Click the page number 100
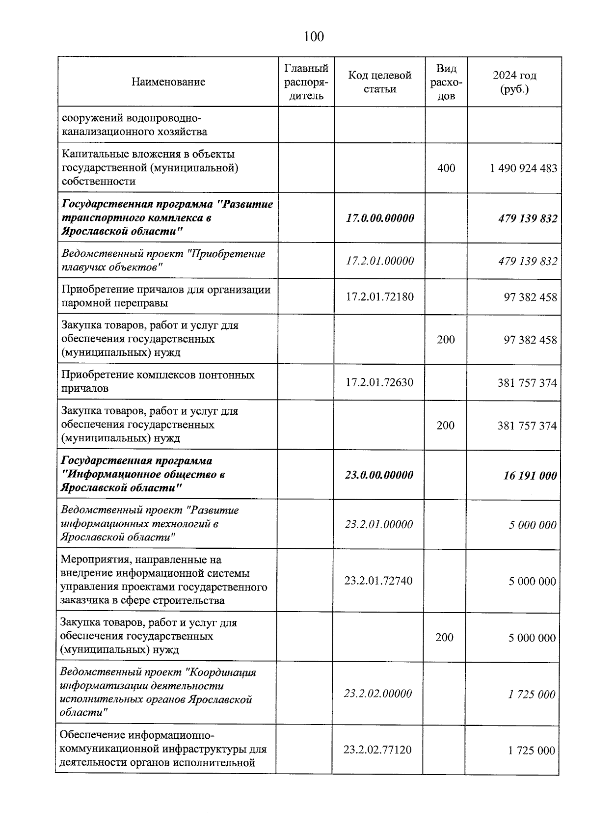tap(314, 36)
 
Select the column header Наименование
tap(168, 82)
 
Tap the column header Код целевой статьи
tap(379, 82)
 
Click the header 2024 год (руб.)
tap(514, 82)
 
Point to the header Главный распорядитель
tap(306, 82)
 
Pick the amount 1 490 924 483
tap(523, 168)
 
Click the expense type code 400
tap(446, 168)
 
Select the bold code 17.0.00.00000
tap(379, 218)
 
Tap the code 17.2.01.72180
tap(379, 296)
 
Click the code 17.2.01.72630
tap(379, 382)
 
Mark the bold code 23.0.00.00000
tap(379, 475)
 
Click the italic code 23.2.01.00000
tap(378, 524)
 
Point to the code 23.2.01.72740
tap(378, 581)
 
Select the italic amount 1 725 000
tap(532, 694)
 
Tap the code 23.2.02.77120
tap(377, 750)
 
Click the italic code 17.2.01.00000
tap(379, 261)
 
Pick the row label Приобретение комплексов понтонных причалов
tap(158, 381)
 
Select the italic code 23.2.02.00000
tap(377, 694)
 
